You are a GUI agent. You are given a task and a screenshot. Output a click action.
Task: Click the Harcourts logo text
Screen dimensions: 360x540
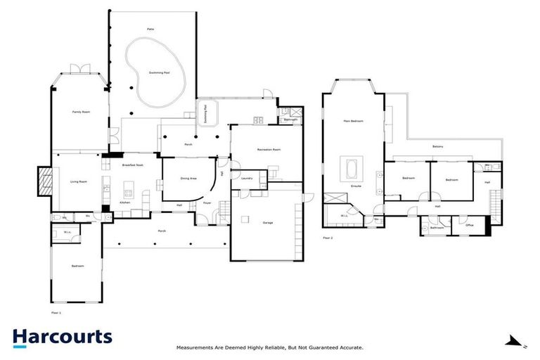click(62, 337)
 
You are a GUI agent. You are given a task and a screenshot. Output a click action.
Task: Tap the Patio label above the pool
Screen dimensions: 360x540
click(150, 29)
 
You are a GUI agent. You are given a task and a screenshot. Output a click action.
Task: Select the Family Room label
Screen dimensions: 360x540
click(79, 112)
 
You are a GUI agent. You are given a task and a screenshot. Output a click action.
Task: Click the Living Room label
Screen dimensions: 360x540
click(78, 181)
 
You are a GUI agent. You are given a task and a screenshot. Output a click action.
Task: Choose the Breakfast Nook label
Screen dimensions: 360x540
click(132, 165)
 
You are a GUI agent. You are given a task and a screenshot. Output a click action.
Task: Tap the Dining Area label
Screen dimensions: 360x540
click(188, 179)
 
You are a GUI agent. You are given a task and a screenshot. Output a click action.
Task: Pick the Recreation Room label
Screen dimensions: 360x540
click(267, 149)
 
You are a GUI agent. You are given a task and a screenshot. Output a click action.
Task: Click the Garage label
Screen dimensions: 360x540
click(268, 222)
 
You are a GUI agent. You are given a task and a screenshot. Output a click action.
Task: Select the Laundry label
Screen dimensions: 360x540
click(246, 179)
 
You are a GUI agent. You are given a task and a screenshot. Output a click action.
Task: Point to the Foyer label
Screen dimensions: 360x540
click(207, 203)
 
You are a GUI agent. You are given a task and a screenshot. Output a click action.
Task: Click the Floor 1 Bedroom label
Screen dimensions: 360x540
click(78, 266)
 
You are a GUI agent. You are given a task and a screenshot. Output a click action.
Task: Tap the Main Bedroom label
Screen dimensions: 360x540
click(353, 122)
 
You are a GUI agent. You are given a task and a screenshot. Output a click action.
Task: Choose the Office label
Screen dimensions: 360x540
click(470, 225)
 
